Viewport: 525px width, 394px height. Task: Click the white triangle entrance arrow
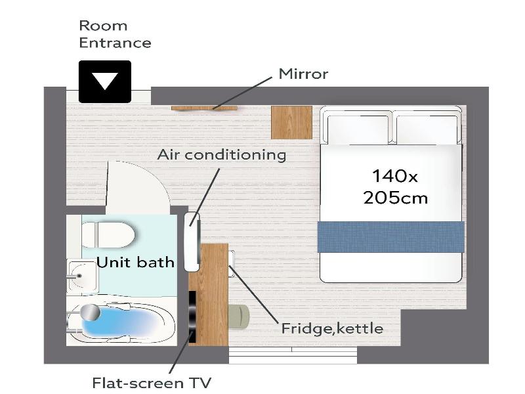105,81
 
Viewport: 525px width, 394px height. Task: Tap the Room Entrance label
115,34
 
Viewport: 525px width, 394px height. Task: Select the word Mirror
303,74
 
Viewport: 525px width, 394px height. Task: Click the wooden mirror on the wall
204,108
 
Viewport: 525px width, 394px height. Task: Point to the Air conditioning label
222,155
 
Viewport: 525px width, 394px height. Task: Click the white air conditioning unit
192,242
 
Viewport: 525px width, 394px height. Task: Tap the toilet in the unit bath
108,234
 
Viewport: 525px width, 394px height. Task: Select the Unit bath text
136,262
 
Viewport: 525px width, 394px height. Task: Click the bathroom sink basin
83,276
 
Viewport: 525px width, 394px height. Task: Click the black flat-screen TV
192,317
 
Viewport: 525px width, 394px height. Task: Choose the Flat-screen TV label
152,382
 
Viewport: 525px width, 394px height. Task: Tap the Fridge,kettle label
332,328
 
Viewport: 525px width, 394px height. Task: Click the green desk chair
239,317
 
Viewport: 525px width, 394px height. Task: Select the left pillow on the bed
358,129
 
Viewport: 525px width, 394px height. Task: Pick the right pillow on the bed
427,129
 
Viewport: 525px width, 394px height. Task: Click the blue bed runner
390,237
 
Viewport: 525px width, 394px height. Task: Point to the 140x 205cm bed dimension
396,186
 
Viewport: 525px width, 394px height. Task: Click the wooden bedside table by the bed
291,122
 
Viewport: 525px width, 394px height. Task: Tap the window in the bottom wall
293,355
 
